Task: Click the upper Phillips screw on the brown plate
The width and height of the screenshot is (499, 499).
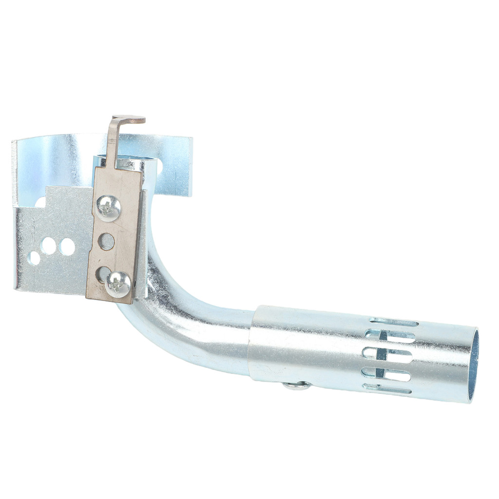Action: click(x=108, y=208)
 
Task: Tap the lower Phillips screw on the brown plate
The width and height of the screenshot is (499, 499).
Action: click(x=118, y=284)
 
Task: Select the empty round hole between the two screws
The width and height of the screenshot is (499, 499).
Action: click(x=106, y=241)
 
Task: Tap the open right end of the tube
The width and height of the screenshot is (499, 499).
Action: click(x=473, y=365)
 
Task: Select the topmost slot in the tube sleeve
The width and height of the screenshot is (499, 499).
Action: click(x=394, y=322)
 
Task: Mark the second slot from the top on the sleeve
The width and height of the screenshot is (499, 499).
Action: click(x=390, y=336)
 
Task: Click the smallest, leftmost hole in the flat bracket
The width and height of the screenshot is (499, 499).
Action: click(x=34, y=258)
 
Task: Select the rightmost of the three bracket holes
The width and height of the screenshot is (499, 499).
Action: click(x=67, y=247)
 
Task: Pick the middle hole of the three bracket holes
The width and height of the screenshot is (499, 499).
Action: click(x=49, y=245)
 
